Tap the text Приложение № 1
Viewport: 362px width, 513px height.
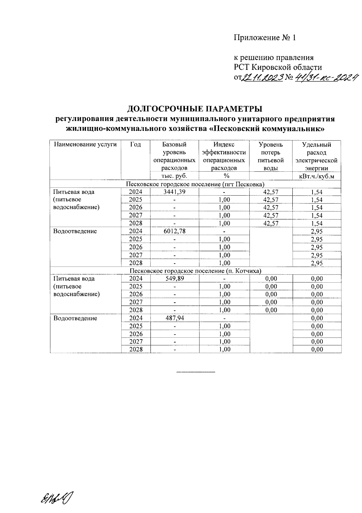pos(265,38)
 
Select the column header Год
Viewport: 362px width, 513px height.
pos(135,144)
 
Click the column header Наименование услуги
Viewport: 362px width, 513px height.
pos(85,144)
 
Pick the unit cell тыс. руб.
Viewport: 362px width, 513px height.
pos(174,176)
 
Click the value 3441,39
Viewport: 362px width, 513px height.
pos(174,192)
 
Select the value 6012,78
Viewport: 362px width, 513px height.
pos(174,231)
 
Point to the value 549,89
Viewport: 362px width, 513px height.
pos(174,279)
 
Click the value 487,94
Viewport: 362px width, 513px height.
pos(174,318)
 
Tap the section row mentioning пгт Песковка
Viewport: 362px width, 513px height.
pos(195,184)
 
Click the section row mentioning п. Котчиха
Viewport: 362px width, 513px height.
pos(195,271)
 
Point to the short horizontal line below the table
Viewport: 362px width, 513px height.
pos(195,371)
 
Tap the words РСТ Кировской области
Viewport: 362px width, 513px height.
pos(278,67)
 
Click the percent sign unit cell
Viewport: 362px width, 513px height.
pos(224,176)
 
